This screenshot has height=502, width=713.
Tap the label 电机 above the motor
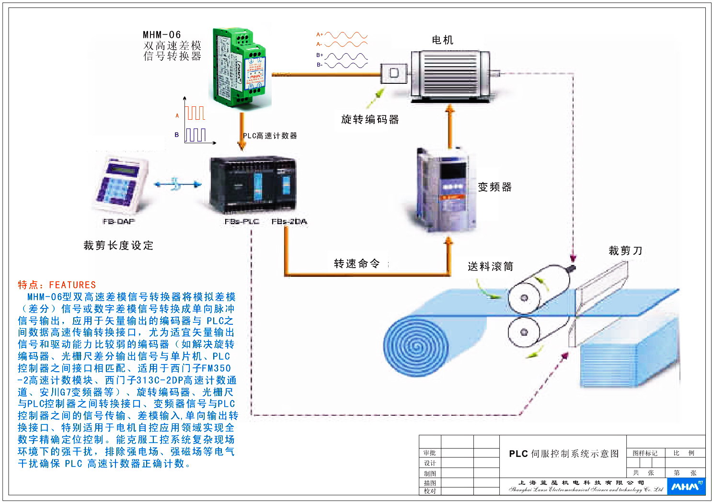pyautogui.click(x=442, y=40)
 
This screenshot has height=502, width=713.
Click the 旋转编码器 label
pyautogui.click(x=370, y=120)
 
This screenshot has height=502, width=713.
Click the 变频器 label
pyautogui.click(x=494, y=187)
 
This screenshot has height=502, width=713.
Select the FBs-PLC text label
pyautogui.click(x=241, y=221)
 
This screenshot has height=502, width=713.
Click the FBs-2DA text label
pyautogui.click(x=289, y=221)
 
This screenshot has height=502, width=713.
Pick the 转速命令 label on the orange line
pyautogui.click(x=357, y=263)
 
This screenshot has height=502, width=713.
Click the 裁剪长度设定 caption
pyautogui.click(x=118, y=246)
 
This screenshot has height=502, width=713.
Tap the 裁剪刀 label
pyautogui.click(x=625, y=251)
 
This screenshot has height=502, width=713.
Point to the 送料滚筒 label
pyautogui.click(x=490, y=266)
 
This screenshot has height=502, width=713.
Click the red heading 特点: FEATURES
pyautogui.click(x=57, y=285)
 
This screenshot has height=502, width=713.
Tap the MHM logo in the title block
pyautogui.click(x=686, y=486)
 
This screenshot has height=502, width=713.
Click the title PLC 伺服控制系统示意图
pyautogui.click(x=563, y=454)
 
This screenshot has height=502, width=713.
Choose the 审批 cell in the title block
pyautogui.click(x=429, y=453)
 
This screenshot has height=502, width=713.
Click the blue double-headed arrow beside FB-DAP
pyautogui.click(x=177, y=184)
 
